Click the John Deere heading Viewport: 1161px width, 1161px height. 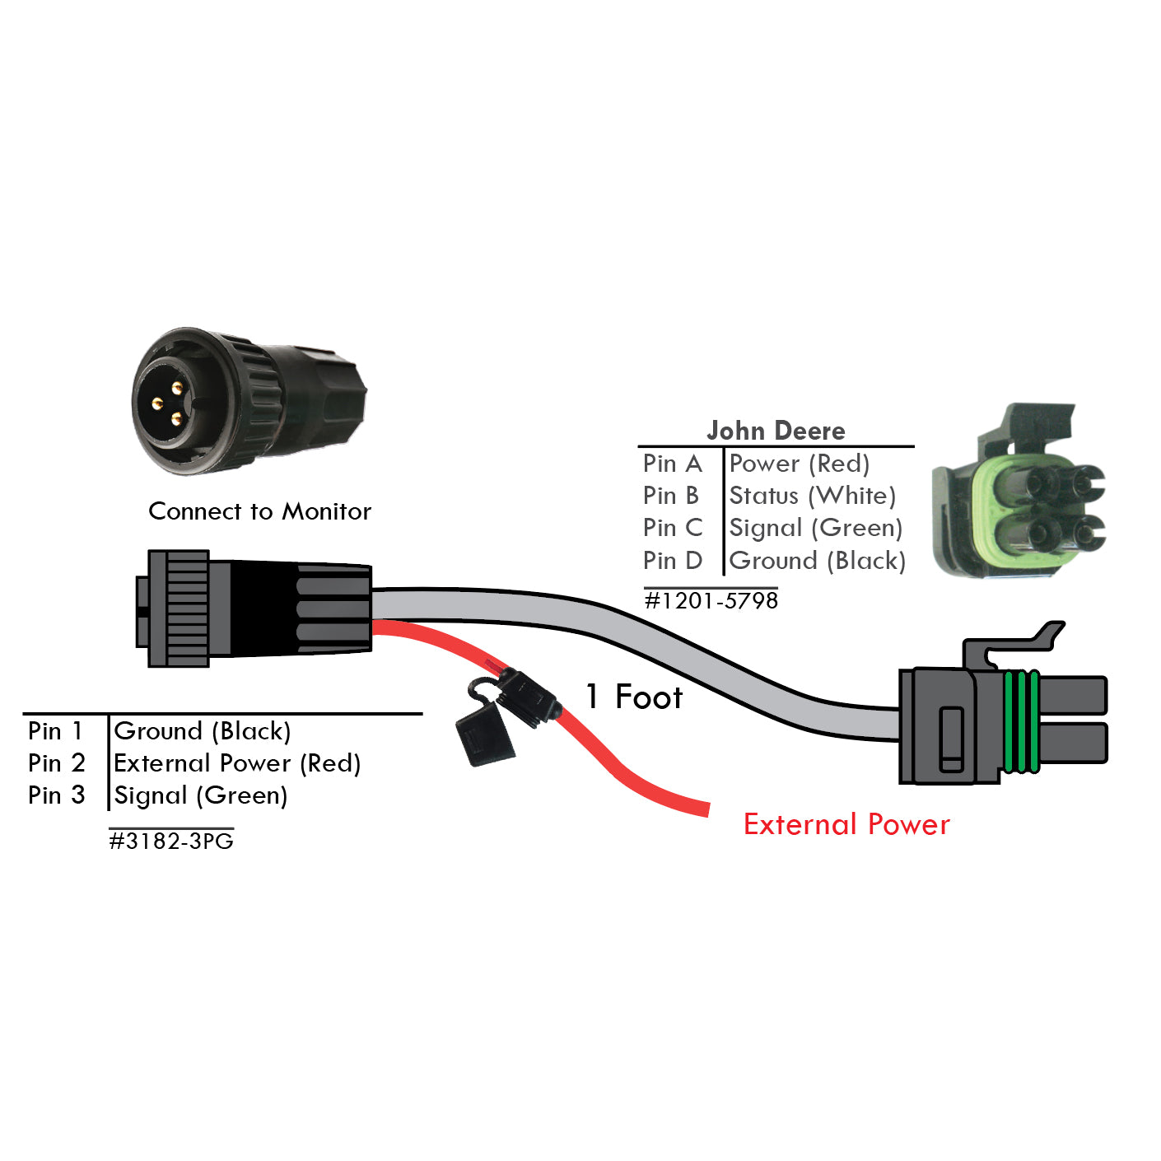[x=776, y=431]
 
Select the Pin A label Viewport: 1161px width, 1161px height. [x=672, y=464]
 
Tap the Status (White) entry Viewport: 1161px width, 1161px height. [x=812, y=496]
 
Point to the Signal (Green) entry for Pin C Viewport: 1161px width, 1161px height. [x=815, y=528]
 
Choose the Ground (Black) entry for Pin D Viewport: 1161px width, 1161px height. [x=817, y=561]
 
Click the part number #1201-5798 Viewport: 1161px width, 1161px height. [x=711, y=600]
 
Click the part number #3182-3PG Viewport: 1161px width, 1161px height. [x=171, y=841]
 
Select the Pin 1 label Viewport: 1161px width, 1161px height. [x=55, y=731]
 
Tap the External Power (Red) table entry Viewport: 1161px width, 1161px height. [x=237, y=763]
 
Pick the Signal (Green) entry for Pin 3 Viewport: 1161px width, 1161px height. [x=201, y=795]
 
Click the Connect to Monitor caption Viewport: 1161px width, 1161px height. [x=259, y=511]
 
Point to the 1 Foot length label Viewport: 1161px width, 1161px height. [x=634, y=697]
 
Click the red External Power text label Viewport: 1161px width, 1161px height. [x=846, y=824]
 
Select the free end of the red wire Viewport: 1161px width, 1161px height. [x=700, y=808]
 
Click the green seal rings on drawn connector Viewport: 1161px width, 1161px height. [x=1022, y=721]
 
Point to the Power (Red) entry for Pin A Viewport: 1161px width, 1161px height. [x=799, y=464]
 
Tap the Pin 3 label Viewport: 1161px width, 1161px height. [x=56, y=795]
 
